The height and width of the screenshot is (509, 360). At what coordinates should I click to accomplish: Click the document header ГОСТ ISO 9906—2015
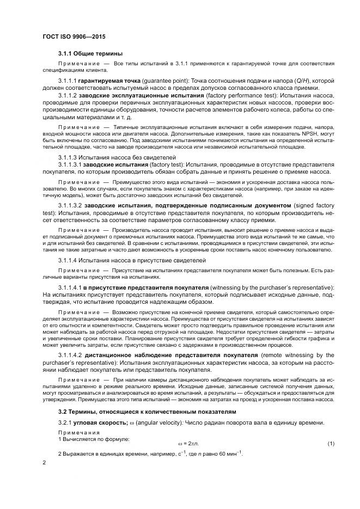point(74,36)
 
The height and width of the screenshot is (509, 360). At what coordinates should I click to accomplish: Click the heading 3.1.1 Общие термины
point(90,53)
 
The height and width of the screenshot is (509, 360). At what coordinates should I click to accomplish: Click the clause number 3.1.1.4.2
point(69,355)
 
